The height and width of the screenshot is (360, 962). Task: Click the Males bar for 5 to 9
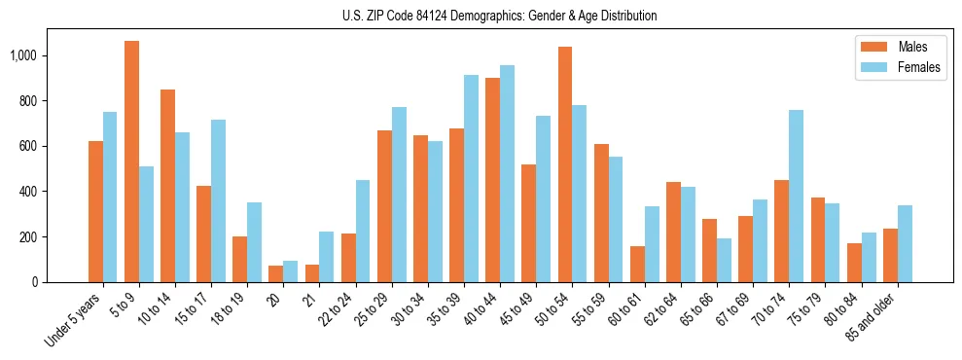[131, 162]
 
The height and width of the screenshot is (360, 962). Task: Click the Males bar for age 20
[275, 273]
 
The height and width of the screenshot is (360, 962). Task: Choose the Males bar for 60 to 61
[636, 264]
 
